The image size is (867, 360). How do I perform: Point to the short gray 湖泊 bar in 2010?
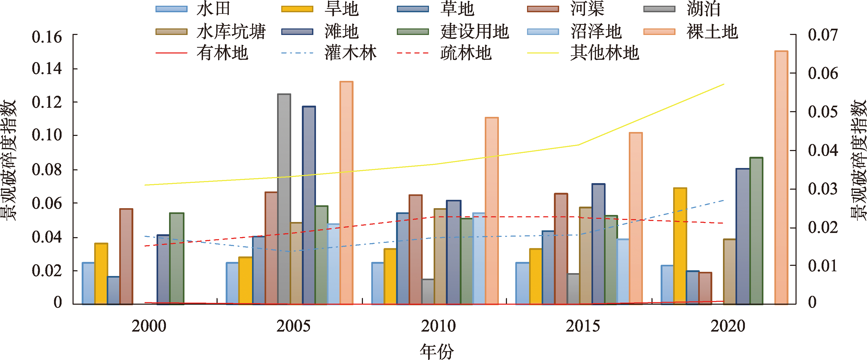[428, 292]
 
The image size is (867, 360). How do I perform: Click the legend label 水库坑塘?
[231, 32]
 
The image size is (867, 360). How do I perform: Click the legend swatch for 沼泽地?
[543, 32]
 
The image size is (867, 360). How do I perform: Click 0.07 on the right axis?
[823, 35]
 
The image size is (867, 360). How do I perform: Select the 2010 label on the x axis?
[438, 326]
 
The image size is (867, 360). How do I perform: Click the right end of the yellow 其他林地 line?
[724, 84]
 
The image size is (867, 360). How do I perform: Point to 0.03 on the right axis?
[823, 189]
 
